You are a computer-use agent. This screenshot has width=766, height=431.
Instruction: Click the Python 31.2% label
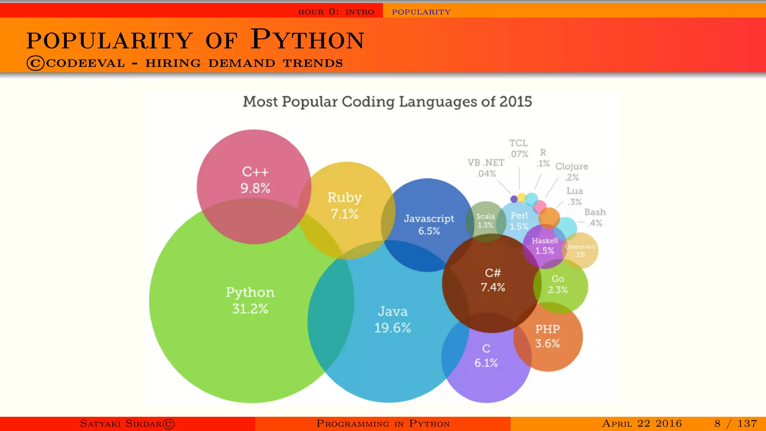point(250,300)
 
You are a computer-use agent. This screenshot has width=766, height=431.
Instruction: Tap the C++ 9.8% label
point(255,180)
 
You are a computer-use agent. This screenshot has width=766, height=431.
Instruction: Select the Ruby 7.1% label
point(344,205)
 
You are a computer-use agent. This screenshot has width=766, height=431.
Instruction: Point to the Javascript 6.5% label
point(429,224)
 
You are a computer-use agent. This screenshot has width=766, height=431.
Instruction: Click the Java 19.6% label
point(393,320)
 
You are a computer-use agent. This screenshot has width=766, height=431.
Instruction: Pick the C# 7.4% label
point(493,280)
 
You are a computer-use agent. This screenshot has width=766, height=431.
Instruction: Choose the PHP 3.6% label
point(547,336)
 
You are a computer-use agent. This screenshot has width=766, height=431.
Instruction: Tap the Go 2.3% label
point(558,284)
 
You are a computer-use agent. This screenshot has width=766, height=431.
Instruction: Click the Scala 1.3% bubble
point(485,221)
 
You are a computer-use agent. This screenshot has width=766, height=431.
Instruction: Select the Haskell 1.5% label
point(545,245)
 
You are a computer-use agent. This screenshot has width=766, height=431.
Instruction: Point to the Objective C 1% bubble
point(580,250)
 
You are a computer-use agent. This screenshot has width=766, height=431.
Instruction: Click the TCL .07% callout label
point(518,149)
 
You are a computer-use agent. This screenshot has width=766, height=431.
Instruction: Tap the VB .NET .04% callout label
point(486,168)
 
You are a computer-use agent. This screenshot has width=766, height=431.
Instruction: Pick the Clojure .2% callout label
point(572,171)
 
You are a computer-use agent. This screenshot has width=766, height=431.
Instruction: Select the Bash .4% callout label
point(595,217)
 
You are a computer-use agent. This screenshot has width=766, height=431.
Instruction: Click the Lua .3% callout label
point(574,196)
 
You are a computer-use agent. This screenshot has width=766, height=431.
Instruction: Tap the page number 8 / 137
point(735,424)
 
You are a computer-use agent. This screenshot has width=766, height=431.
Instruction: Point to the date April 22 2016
point(642,424)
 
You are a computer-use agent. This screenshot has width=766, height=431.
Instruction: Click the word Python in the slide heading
point(307,40)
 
